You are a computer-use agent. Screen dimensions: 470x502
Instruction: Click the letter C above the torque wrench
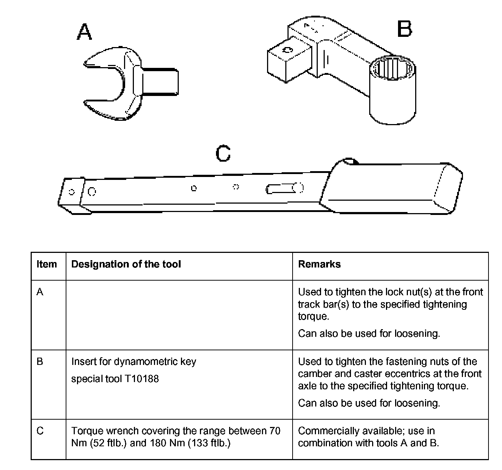[x=223, y=154]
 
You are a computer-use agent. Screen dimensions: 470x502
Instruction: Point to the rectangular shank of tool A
[x=161, y=81]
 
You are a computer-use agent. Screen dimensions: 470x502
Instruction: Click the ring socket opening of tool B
[x=392, y=68]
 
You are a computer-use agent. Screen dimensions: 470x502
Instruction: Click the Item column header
[x=47, y=264]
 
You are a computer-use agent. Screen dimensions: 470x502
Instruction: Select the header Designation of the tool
[x=126, y=264]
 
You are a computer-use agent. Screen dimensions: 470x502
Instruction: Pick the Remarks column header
[x=319, y=264]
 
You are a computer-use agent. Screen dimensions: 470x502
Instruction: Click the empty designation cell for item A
[x=179, y=315]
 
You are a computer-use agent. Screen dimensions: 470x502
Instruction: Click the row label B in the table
[x=40, y=362]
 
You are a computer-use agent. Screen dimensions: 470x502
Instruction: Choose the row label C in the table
[x=40, y=431]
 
